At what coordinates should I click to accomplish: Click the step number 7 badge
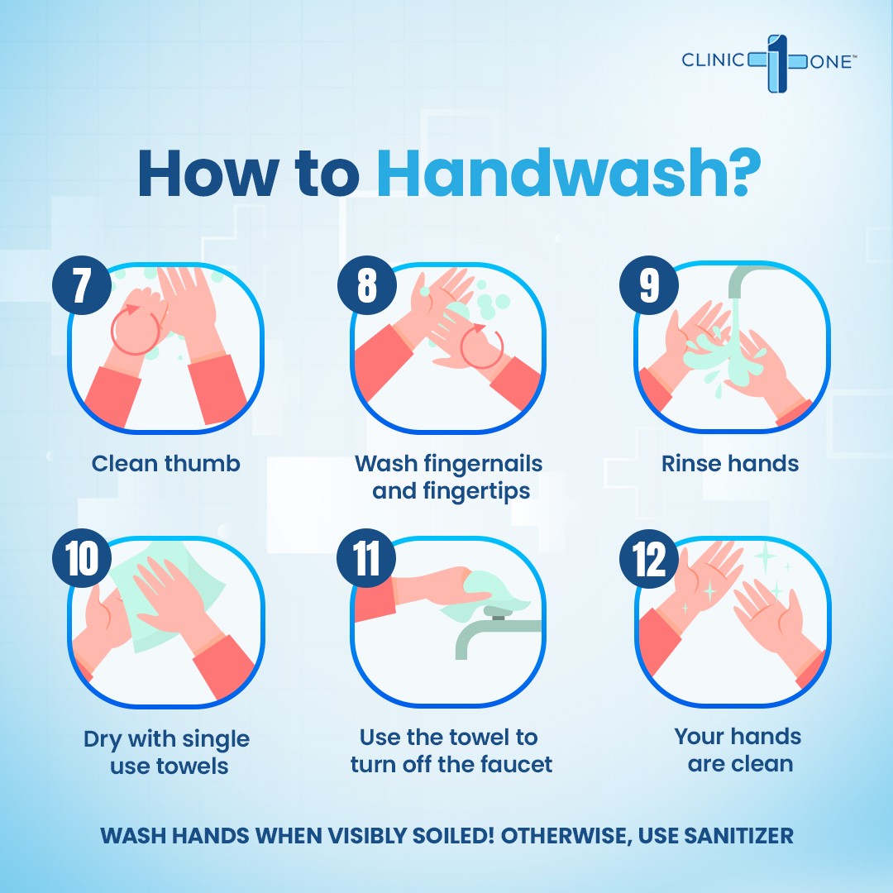point(81,284)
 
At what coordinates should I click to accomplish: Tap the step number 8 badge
point(367,284)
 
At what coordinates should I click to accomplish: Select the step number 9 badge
point(649,284)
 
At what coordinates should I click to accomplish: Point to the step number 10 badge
point(81,558)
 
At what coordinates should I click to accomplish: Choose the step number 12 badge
point(649,558)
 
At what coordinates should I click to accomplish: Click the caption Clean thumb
point(165,464)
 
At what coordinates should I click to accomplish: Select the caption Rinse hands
point(729,464)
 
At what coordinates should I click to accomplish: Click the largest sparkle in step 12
point(765,554)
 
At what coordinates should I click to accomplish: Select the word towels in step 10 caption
point(192,766)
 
